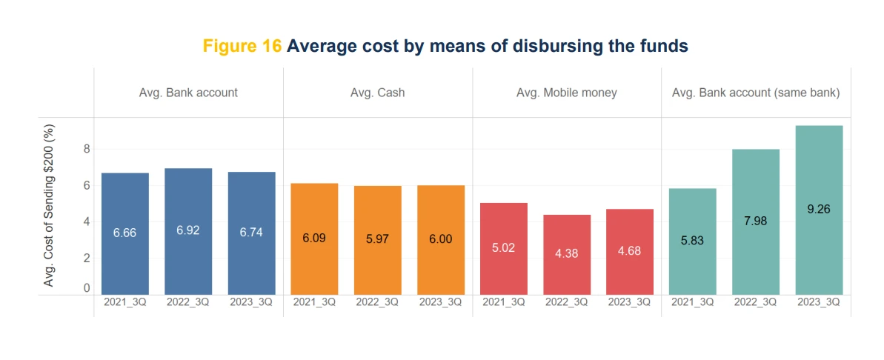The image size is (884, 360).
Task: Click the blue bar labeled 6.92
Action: point(188,231)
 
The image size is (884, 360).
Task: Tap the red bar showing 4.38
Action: point(567,254)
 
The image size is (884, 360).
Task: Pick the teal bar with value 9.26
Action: point(819,210)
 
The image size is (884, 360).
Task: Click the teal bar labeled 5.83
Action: point(692,241)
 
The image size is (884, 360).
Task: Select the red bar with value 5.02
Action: point(504,248)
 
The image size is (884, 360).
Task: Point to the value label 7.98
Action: point(756,220)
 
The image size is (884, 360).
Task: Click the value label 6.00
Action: point(440,239)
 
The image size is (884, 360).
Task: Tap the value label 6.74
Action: point(251,232)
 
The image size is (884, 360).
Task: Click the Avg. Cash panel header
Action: point(378,93)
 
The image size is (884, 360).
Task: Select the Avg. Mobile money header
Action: point(567,93)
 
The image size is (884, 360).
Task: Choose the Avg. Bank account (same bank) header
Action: point(756,93)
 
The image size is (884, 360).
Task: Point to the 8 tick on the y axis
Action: point(86,149)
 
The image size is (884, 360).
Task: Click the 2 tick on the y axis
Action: point(86,258)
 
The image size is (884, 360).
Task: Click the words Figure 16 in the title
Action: point(242,46)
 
